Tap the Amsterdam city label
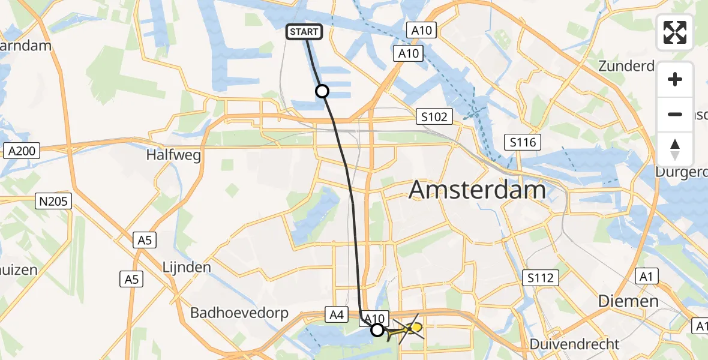(477, 190)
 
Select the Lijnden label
(187, 267)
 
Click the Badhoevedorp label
(239, 313)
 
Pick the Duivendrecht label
(575, 344)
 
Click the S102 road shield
(433, 116)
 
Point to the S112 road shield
(540, 277)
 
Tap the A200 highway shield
(22, 151)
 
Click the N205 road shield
(54, 202)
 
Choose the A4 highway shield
(335, 313)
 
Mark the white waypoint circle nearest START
(322, 91)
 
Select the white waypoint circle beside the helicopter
(377, 329)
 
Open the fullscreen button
(675, 32)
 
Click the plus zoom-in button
(675, 79)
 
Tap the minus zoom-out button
(675, 114)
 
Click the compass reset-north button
(675, 149)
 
